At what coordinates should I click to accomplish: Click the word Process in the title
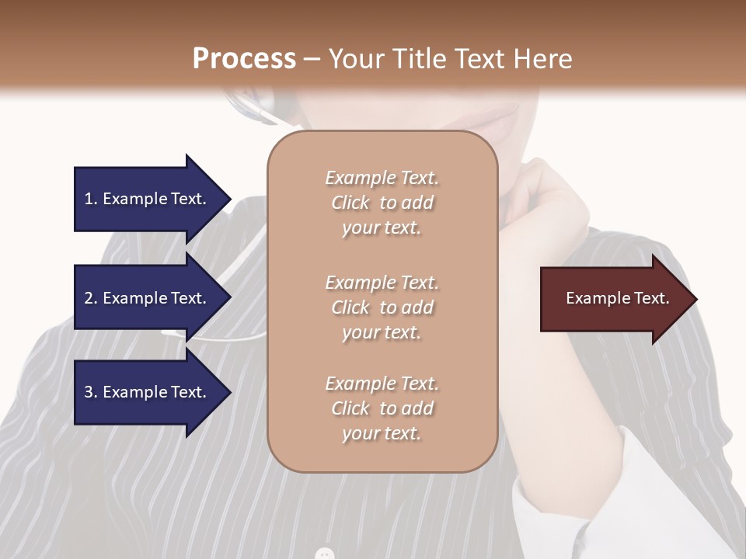pyautogui.click(x=244, y=58)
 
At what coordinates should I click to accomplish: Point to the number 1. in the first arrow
pyautogui.click(x=91, y=199)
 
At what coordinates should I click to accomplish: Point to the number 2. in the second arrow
pyautogui.click(x=91, y=298)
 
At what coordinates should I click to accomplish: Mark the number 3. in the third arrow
pyautogui.click(x=91, y=392)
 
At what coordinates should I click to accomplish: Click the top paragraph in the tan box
pyautogui.click(x=382, y=203)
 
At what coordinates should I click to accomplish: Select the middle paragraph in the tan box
pyautogui.click(x=382, y=307)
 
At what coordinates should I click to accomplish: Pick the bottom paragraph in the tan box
pyautogui.click(x=382, y=408)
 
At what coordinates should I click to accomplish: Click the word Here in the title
pyautogui.click(x=543, y=58)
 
